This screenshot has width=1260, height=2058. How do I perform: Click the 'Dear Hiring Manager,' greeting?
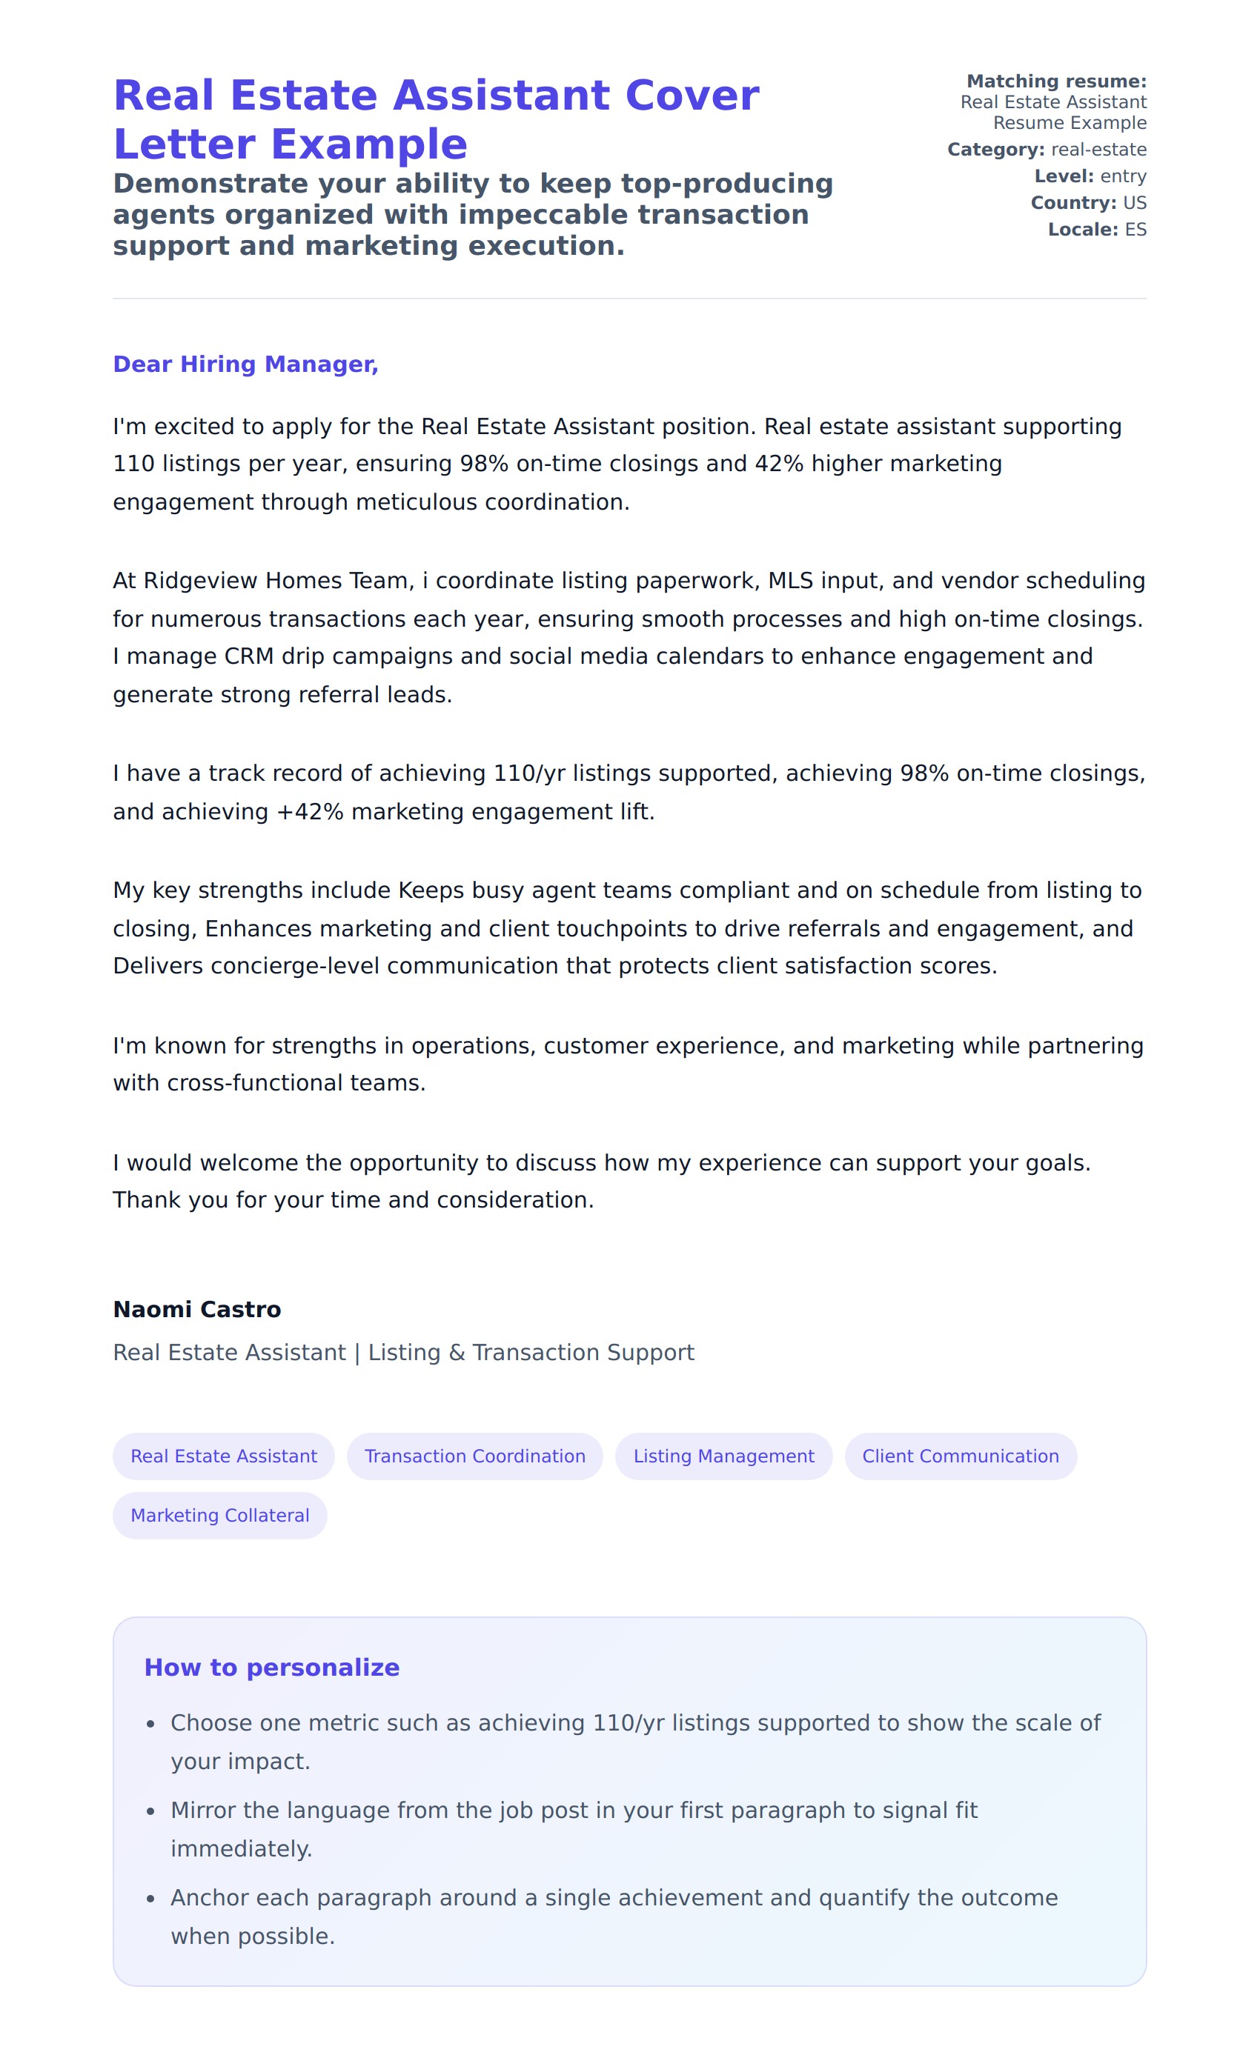coord(245,364)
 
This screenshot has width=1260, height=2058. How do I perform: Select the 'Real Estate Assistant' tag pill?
coord(223,1456)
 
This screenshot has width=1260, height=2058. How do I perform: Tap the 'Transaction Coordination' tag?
coord(474,1456)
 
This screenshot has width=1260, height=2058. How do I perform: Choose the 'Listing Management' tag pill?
coord(723,1456)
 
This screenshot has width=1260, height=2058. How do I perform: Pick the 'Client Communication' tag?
coord(960,1456)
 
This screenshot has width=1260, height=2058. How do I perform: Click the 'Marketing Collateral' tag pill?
coord(219,1515)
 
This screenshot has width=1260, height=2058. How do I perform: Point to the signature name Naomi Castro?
coord(197,1309)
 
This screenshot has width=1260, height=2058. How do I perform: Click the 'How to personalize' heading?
coord(271,1667)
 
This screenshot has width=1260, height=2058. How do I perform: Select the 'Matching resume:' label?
coord(1056,81)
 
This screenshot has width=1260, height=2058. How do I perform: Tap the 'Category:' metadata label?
coord(995,150)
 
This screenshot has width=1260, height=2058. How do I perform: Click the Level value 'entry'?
coord(1123,176)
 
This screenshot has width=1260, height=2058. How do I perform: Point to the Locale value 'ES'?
coord(1135,230)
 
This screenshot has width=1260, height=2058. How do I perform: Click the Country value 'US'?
coord(1135,203)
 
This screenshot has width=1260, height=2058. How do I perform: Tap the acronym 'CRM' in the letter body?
coord(249,656)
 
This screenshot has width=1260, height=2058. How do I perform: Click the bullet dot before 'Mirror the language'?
coord(150,1811)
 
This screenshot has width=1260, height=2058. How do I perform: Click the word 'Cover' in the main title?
coord(692,96)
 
